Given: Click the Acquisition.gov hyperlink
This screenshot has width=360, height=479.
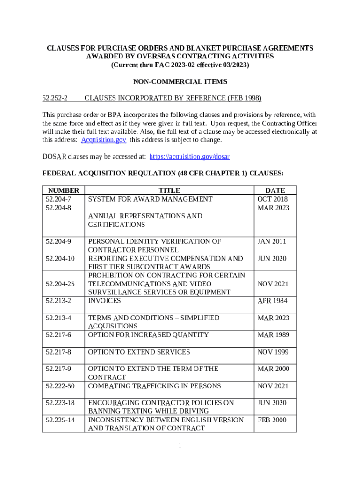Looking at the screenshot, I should (x=103, y=140).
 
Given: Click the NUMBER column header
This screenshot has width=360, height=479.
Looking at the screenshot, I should (x=63, y=190).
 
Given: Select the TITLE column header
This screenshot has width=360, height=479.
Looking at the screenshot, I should (x=169, y=190).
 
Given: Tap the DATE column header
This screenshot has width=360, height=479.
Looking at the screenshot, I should (x=275, y=190).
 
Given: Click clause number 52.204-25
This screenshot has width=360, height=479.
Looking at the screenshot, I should (x=60, y=284).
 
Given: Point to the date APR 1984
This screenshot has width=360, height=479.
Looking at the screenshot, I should (x=274, y=301).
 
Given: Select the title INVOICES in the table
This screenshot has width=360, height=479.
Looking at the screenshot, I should (x=104, y=301).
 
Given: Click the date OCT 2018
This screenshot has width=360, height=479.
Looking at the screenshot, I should (x=274, y=199).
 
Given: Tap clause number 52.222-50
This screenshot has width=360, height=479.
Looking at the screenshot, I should (x=60, y=386).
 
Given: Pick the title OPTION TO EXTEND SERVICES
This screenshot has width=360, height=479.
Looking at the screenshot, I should (x=139, y=352).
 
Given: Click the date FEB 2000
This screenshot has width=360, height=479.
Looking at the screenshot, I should (x=272, y=420).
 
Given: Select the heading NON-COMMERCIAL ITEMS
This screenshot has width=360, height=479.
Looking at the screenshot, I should (x=180, y=82).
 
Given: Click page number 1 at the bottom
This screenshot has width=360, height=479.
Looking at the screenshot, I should (x=180, y=445).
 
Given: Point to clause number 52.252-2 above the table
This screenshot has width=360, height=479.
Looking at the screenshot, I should (x=55, y=98).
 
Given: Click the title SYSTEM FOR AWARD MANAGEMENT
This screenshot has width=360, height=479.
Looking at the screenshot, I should (x=150, y=199).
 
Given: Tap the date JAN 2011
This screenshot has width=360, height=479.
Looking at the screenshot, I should (x=272, y=241).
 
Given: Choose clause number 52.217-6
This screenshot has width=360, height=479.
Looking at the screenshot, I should (x=58, y=335).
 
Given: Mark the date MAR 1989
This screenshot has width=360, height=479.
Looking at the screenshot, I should (x=274, y=335).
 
